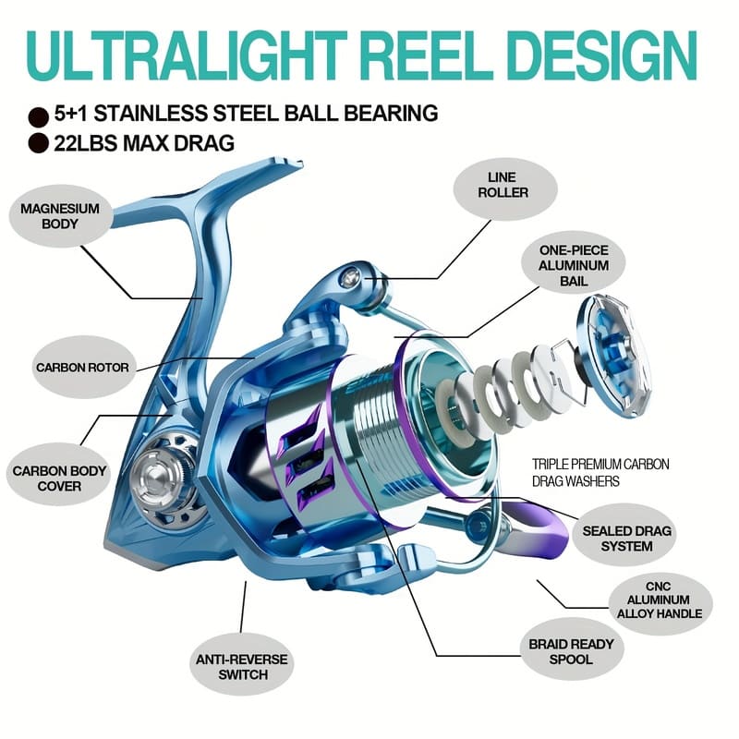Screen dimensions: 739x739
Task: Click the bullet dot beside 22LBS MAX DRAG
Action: click(38, 143)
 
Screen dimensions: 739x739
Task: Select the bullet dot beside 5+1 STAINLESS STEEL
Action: click(38, 117)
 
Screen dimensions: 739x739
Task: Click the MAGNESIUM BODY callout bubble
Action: click(60, 216)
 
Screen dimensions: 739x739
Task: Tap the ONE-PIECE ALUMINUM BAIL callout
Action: click(573, 265)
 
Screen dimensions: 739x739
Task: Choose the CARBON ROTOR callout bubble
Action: click(83, 368)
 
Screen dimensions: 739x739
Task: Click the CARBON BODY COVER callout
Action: click(59, 478)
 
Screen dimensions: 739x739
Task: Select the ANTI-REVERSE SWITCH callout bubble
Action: click(242, 666)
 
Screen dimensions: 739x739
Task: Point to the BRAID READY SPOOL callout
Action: click(571, 651)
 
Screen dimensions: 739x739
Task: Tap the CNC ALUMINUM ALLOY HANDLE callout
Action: click(660, 600)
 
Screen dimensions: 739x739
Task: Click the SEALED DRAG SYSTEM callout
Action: click(626, 539)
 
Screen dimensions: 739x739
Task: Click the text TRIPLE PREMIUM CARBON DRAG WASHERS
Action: click(600, 473)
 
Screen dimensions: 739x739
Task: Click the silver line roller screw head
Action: click(350, 278)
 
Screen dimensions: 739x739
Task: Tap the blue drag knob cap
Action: click(613, 356)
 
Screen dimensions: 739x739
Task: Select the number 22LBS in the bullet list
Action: click(85, 143)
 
